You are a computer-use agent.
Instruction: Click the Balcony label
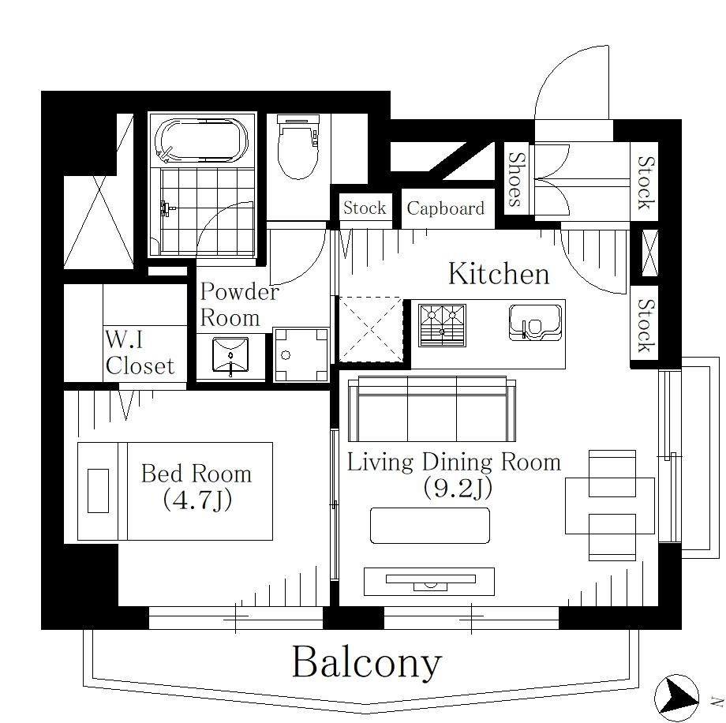click(x=367, y=663)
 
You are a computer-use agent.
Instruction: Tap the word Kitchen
click(x=499, y=274)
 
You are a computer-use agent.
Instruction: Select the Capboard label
click(x=445, y=208)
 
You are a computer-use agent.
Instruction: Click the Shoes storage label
click(x=516, y=179)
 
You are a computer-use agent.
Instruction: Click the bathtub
click(x=201, y=140)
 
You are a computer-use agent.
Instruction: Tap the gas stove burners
click(x=442, y=325)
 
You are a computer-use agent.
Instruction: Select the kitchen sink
click(x=535, y=322)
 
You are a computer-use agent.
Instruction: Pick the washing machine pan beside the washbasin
click(x=301, y=355)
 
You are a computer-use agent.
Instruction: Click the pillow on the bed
click(x=98, y=491)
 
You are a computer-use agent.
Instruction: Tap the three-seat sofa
click(x=432, y=409)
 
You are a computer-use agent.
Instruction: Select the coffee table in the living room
click(x=430, y=526)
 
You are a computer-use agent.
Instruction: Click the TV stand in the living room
click(x=429, y=582)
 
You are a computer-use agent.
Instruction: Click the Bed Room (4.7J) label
click(x=196, y=486)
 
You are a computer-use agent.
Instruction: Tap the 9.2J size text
click(x=457, y=488)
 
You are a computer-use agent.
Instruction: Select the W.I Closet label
click(x=140, y=353)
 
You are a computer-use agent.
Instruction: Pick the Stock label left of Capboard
click(x=365, y=208)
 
